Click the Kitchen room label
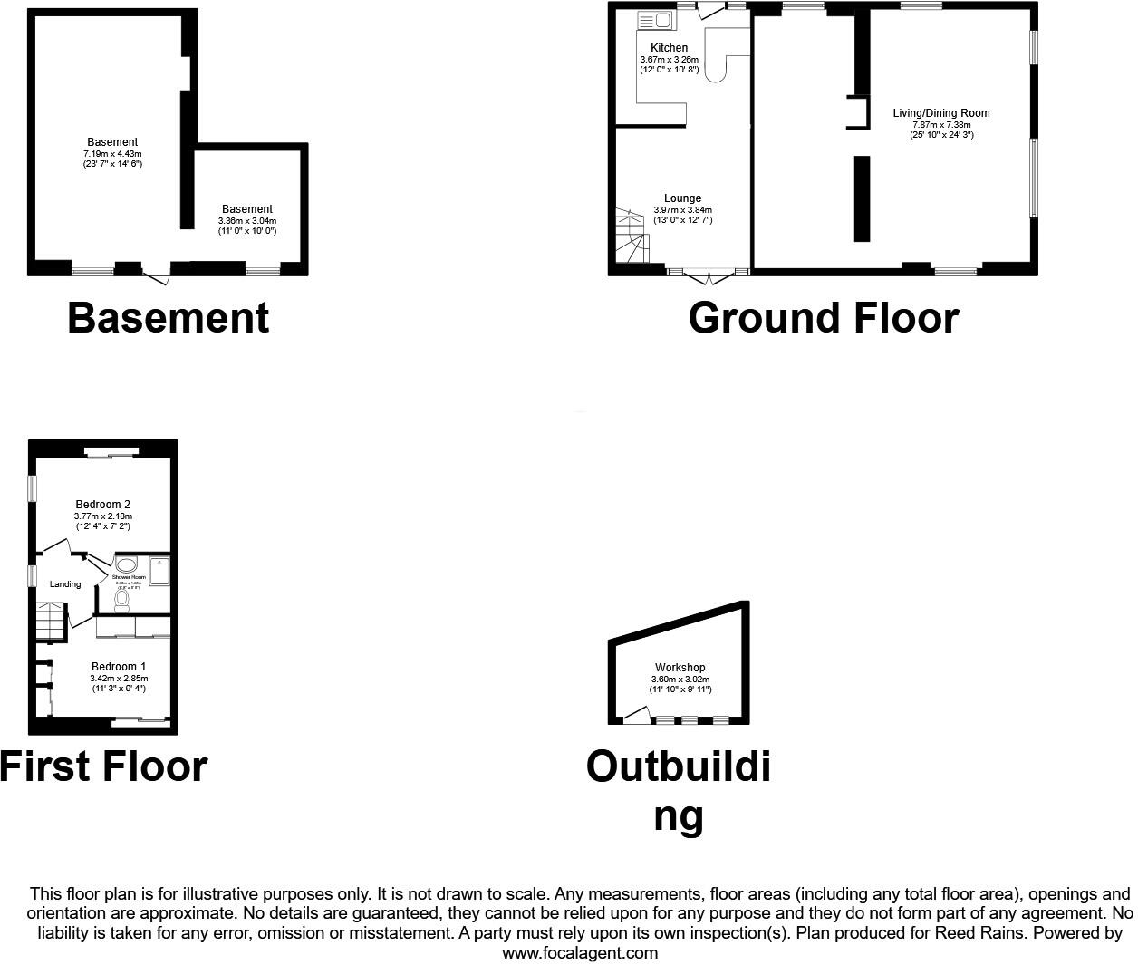click(x=669, y=48)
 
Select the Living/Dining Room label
click(x=941, y=113)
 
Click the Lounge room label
click(x=682, y=198)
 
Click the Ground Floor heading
click(x=823, y=318)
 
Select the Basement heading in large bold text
click(x=169, y=318)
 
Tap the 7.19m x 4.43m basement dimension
click(x=112, y=153)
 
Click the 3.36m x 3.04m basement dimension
click(x=247, y=220)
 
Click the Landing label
click(x=65, y=584)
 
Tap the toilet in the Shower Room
click(x=122, y=599)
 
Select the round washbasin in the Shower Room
click(x=126, y=564)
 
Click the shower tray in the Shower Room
click(x=159, y=573)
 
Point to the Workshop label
click(x=680, y=668)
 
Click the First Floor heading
click(x=104, y=766)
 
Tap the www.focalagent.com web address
click(x=580, y=952)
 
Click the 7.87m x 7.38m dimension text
click(x=941, y=124)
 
